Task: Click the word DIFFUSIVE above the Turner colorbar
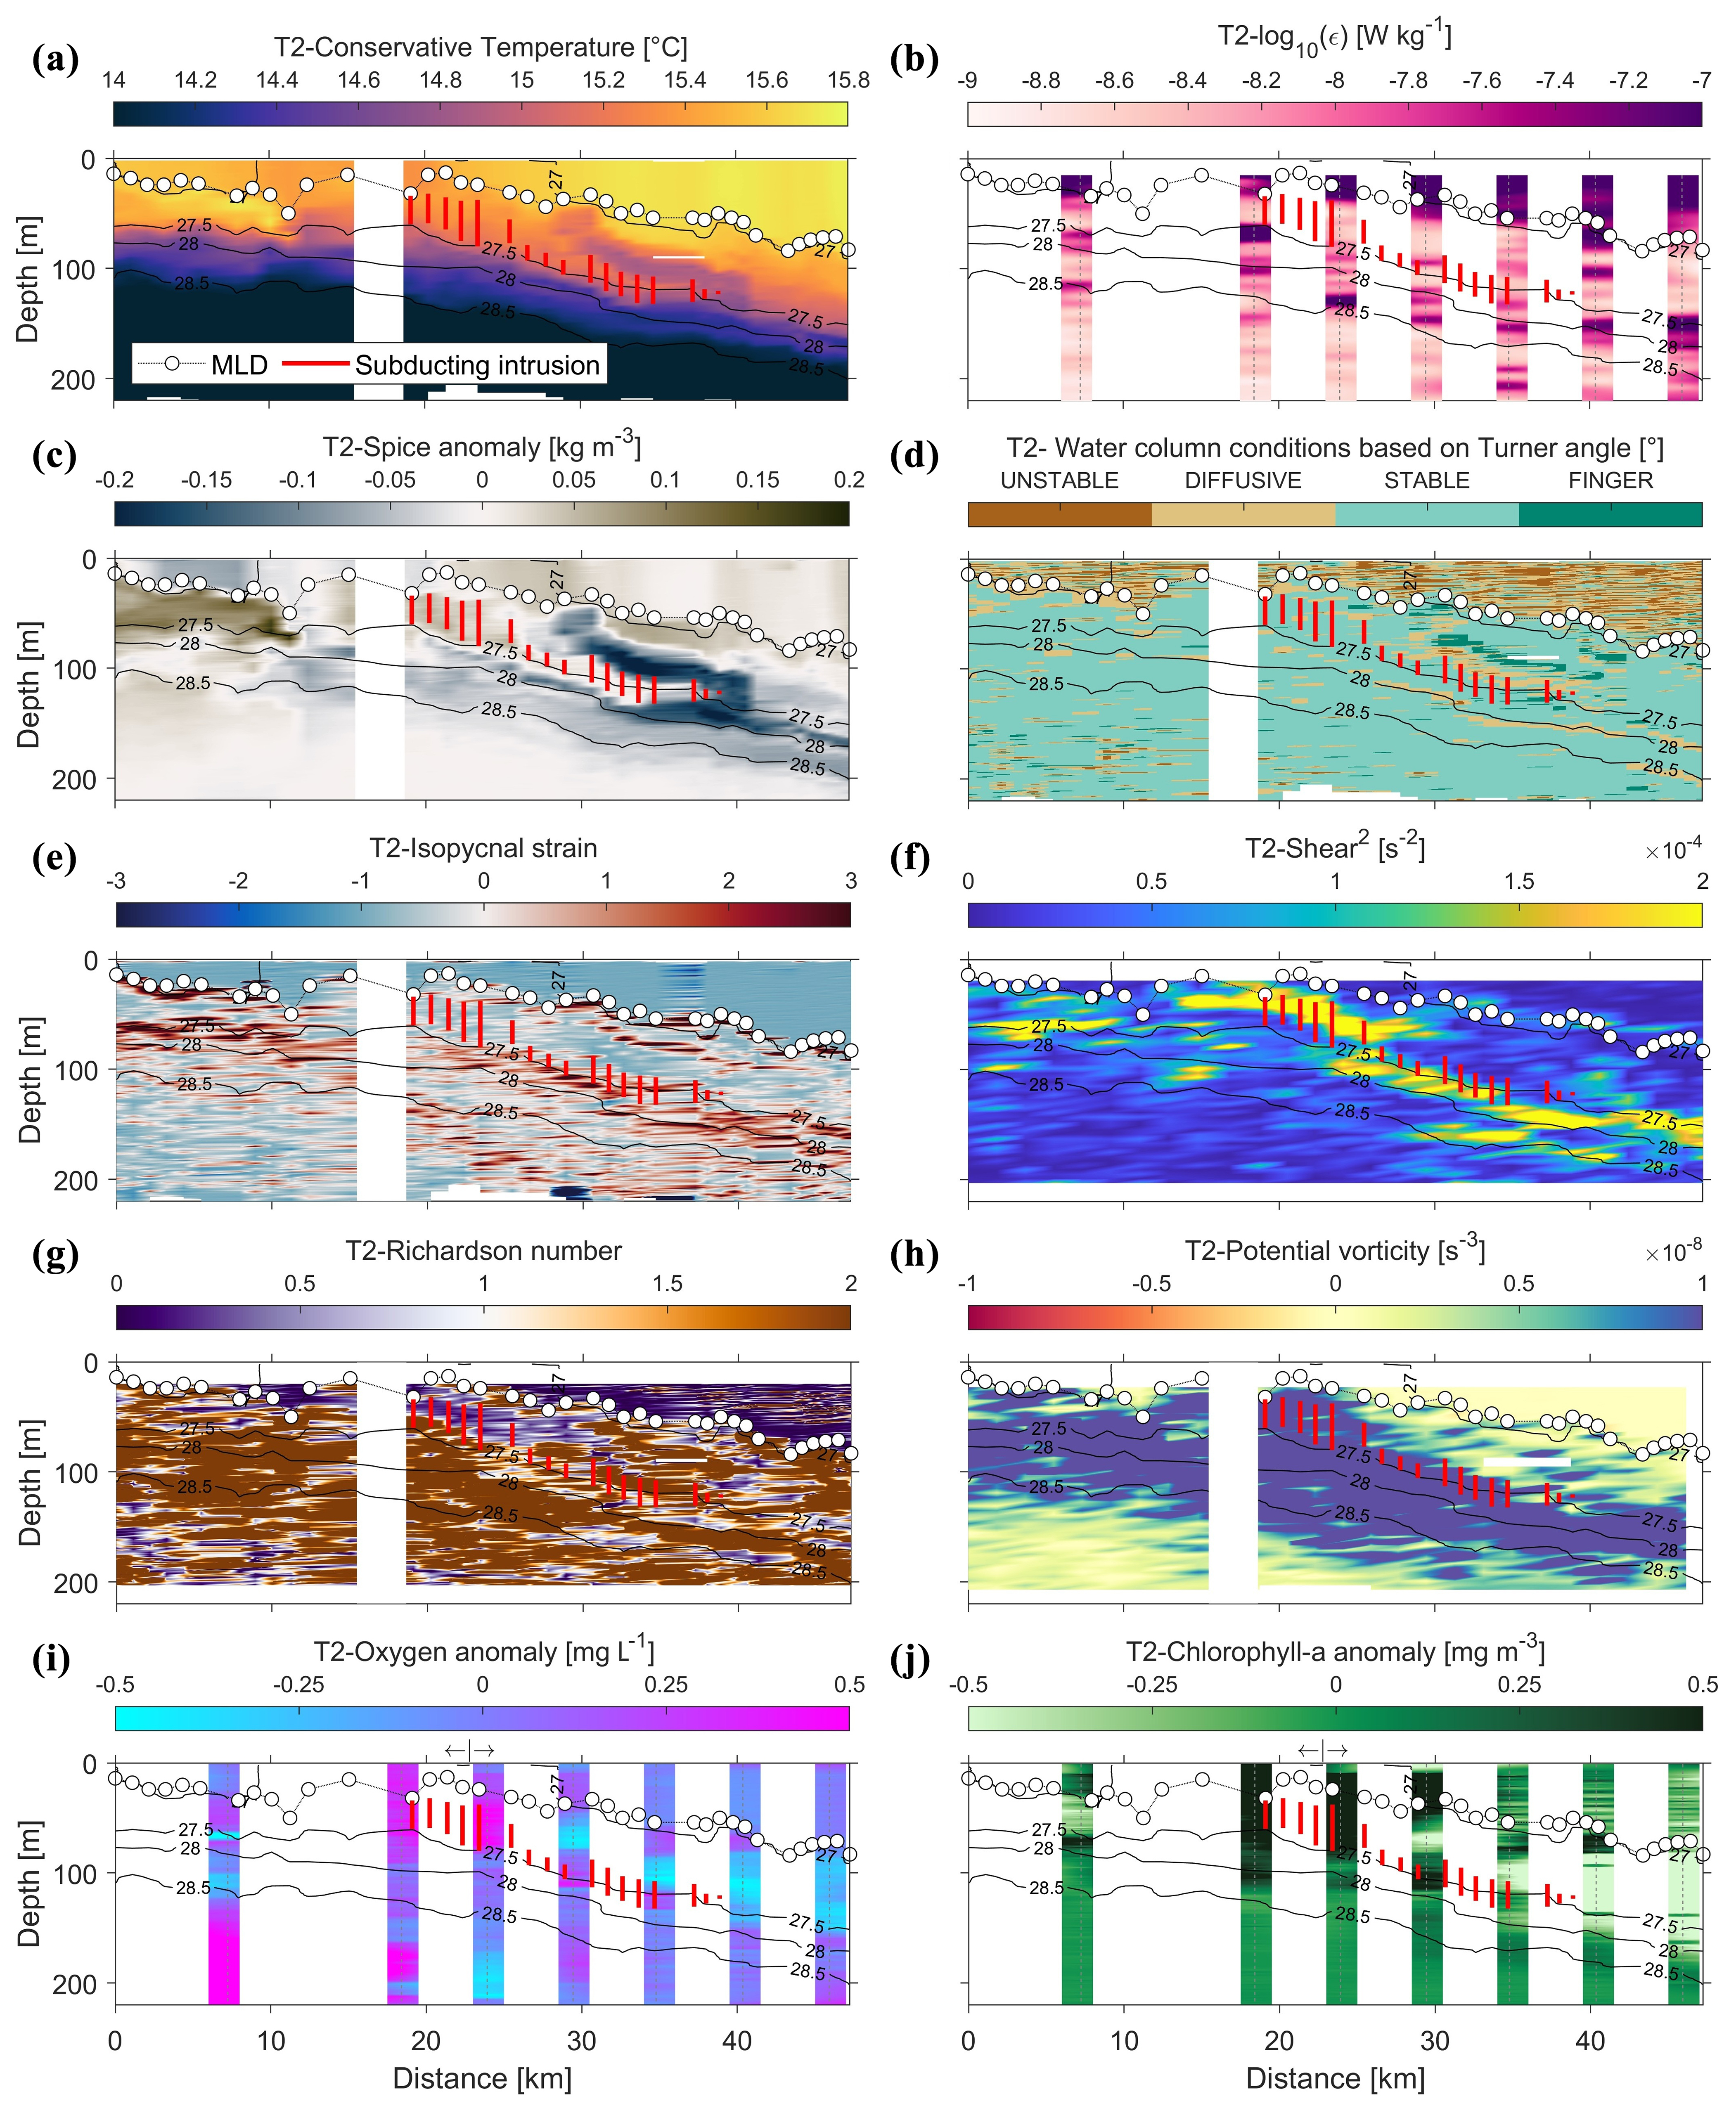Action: click(1243, 481)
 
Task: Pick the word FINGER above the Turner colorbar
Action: click(1610, 481)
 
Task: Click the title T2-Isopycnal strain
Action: click(483, 849)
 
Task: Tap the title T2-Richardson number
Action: click(483, 1251)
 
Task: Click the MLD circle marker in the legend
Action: click(172, 364)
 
